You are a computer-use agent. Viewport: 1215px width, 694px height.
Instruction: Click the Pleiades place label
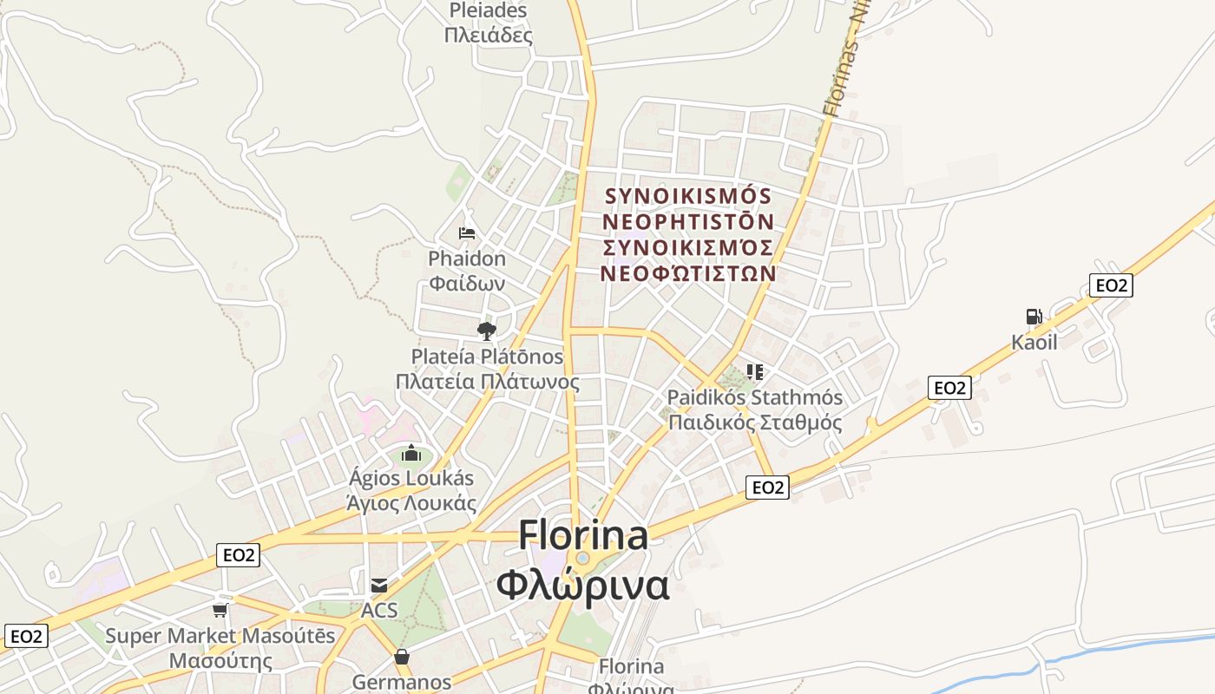tap(488, 23)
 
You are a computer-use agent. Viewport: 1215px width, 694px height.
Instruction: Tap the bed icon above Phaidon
tap(467, 233)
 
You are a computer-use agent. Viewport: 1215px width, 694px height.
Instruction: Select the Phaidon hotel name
tap(467, 271)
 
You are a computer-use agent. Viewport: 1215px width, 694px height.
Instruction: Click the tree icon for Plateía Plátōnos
tap(486, 331)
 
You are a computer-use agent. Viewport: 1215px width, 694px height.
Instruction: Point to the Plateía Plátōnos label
tap(487, 369)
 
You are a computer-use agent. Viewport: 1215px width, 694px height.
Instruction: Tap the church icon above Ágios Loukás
tap(411, 454)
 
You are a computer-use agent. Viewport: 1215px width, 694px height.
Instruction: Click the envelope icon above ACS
tap(379, 586)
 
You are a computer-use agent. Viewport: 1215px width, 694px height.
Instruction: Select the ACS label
tap(379, 610)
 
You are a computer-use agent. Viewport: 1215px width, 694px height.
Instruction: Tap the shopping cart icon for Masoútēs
tap(220, 610)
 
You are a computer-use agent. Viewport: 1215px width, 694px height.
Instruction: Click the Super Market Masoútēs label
tap(220, 648)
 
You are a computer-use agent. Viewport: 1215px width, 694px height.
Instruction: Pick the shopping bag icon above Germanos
tap(402, 658)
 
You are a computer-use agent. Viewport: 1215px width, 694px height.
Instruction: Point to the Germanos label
tap(402, 682)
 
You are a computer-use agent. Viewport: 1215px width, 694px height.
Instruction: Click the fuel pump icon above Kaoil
tap(1034, 317)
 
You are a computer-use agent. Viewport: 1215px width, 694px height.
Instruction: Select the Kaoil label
tap(1034, 342)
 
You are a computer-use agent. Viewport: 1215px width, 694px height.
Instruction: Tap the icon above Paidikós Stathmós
tap(755, 372)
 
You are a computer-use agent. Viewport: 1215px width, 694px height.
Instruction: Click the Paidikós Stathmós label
tap(755, 410)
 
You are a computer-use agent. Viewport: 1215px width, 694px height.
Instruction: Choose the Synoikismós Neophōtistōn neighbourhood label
tap(688, 234)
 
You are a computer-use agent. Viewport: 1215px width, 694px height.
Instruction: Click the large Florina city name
tap(583, 560)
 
